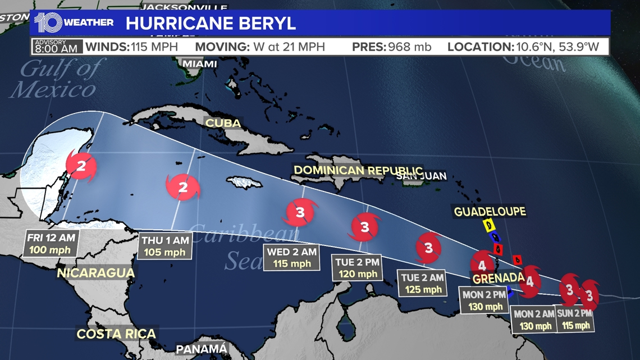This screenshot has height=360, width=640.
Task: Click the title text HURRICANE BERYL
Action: click(x=211, y=24)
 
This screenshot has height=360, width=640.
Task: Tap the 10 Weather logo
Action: click(x=74, y=23)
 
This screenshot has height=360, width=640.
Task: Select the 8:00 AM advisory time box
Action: click(x=56, y=46)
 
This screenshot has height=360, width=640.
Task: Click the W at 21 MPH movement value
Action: click(x=289, y=47)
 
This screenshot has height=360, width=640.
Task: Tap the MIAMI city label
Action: click(x=200, y=63)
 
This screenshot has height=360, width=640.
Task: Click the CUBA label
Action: click(x=223, y=123)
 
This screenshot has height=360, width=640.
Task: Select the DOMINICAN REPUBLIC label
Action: click(x=358, y=170)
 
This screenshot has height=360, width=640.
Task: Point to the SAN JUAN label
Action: click(x=421, y=176)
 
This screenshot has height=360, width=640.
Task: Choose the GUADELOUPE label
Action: click(x=490, y=211)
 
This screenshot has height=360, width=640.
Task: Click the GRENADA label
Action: click(x=499, y=278)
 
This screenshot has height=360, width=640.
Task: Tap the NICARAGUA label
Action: click(x=96, y=273)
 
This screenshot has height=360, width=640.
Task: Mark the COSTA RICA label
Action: click(x=116, y=334)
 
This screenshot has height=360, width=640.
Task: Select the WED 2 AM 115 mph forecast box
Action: click(x=291, y=257)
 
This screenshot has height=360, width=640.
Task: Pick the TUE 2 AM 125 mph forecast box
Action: click(x=422, y=283)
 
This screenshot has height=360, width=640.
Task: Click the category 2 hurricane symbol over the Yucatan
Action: click(x=81, y=166)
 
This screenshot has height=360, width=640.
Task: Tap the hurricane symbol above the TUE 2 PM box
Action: click(x=365, y=227)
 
